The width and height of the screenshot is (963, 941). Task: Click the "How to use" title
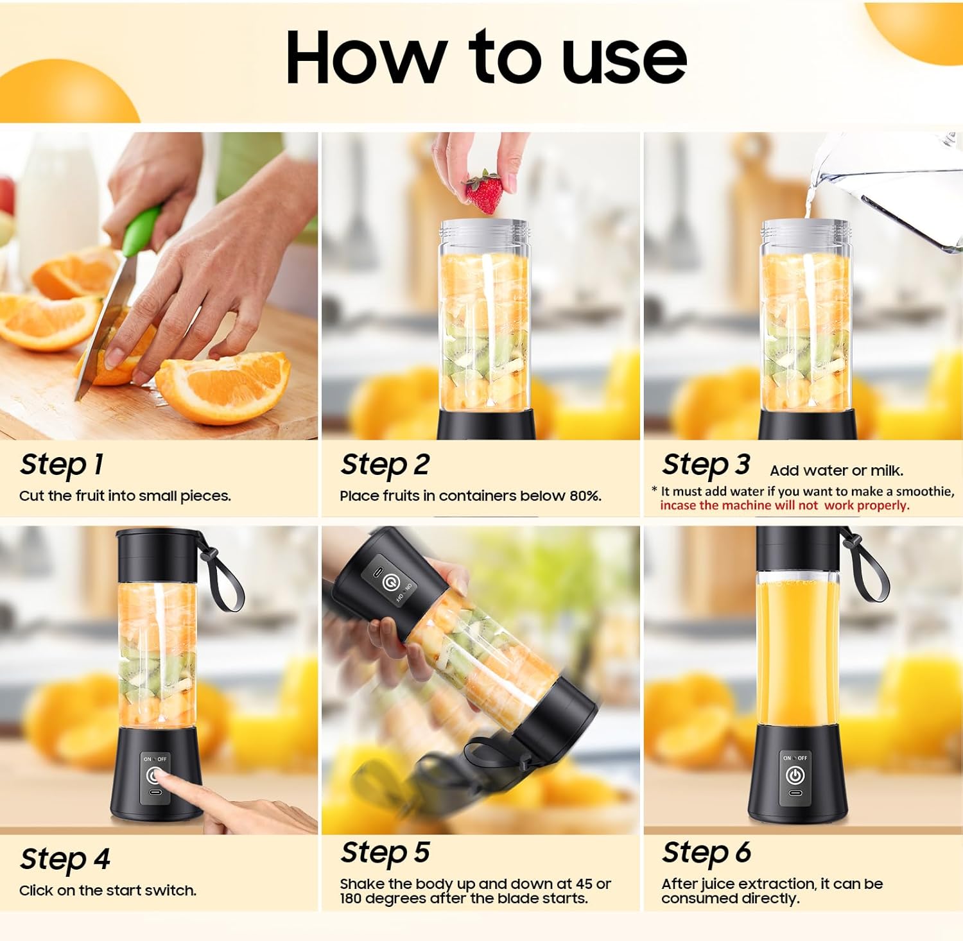click(x=486, y=58)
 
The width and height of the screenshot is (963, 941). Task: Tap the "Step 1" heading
click(x=62, y=464)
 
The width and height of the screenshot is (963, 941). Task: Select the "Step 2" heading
click(x=385, y=464)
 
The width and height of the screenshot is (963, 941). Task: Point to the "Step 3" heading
click(x=706, y=464)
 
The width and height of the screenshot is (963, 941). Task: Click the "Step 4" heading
click(x=65, y=859)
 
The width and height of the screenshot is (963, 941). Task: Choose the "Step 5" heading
click(x=385, y=853)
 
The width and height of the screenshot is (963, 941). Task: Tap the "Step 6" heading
click(x=706, y=853)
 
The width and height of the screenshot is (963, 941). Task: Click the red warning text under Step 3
click(x=784, y=505)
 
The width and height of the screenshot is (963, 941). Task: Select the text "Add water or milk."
click(x=836, y=470)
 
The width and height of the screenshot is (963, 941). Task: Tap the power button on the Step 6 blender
click(x=795, y=775)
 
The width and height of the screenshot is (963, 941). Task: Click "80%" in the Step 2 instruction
click(x=584, y=496)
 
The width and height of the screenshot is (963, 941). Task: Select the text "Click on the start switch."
click(x=108, y=890)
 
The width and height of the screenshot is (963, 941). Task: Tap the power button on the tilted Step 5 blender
click(x=389, y=582)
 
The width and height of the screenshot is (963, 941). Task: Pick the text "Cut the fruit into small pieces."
click(x=125, y=496)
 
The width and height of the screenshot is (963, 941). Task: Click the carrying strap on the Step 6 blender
click(x=869, y=568)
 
